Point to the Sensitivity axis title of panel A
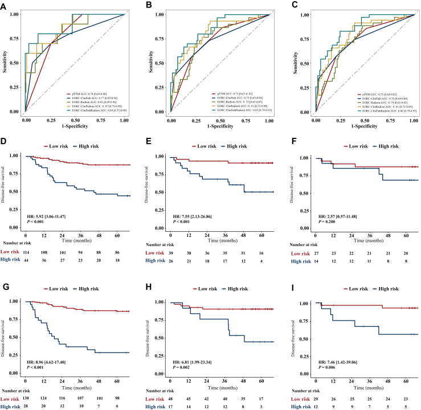[x=5, y=62]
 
